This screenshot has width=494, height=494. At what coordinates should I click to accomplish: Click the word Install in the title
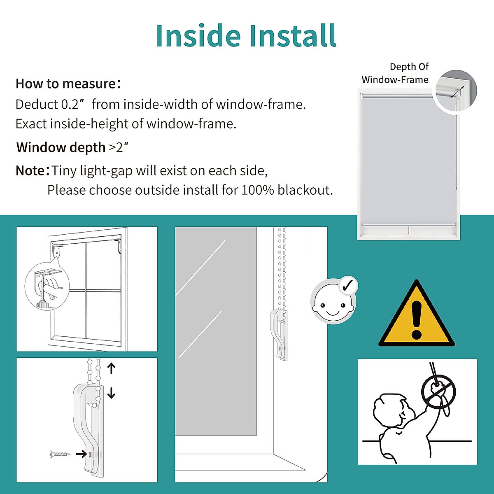tap(293, 36)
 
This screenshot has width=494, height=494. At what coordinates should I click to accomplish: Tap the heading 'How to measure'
tap(66, 84)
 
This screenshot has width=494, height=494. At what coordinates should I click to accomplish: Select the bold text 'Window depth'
tap(61, 147)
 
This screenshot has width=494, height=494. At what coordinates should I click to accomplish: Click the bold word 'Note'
tap(30, 170)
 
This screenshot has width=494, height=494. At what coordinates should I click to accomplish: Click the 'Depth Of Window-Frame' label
tap(395, 73)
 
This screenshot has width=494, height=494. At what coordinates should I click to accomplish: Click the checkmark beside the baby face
tap(348, 285)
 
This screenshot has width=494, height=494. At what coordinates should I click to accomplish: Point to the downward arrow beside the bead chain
tap(111, 393)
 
